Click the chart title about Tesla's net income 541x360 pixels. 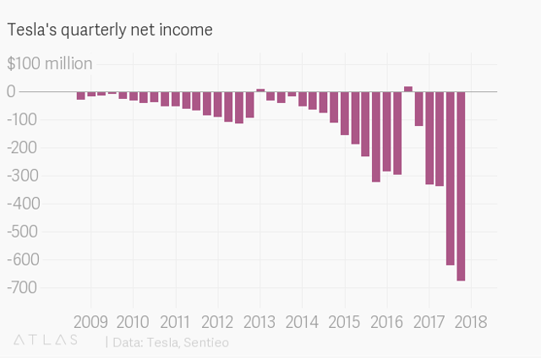(110, 30)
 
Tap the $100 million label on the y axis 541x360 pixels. (50, 63)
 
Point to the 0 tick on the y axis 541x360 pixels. (12, 91)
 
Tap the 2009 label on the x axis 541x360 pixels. (90, 322)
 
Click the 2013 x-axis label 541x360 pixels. (260, 322)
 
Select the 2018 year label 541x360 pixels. (471, 322)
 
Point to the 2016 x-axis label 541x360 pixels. (386, 322)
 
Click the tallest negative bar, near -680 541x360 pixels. (461, 186)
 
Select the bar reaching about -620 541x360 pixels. (451, 177)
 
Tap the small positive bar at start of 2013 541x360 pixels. (260, 90)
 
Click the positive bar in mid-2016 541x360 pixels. (408, 89)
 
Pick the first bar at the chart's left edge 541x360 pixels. (81, 95)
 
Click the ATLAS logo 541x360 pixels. (46, 340)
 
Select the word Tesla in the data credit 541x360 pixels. (161, 342)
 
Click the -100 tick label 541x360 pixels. (24, 119)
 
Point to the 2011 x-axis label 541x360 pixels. (175, 322)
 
